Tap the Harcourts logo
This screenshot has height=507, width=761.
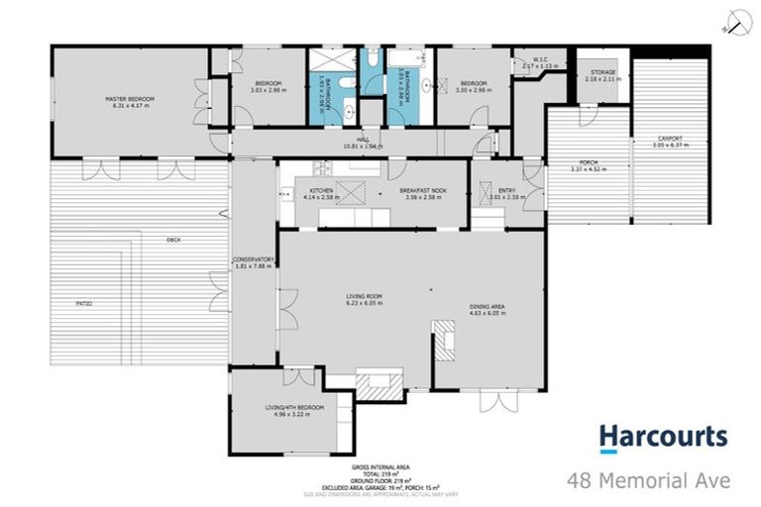(663, 438)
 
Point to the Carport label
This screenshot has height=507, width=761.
(671, 140)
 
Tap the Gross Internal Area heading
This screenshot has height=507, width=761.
(380, 465)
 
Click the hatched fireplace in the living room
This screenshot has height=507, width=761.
(380, 384)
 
